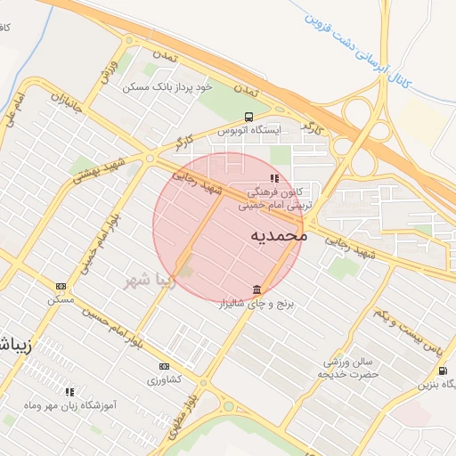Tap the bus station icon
248,116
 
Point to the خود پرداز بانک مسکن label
167,86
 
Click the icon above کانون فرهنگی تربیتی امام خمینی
273,178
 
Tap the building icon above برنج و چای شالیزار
257,290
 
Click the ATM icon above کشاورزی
164,366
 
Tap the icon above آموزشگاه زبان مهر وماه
69,392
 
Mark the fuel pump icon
443,371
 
